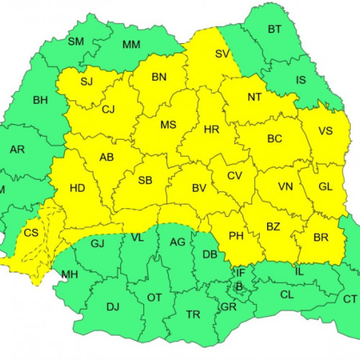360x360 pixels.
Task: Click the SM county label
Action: [x=76, y=41]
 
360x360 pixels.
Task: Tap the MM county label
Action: [x=131, y=45]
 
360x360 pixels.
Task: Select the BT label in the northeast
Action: [x=274, y=30]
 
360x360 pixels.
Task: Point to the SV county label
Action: [x=222, y=53]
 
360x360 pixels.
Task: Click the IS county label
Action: [x=302, y=81]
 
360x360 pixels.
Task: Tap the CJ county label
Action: [x=108, y=109]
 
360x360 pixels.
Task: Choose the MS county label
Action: [x=168, y=125]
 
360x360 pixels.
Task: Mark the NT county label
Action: [x=254, y=96]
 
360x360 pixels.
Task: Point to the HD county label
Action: [x=78, y=189]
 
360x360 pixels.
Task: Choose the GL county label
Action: [x=325, y=186]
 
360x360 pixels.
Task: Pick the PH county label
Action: [x=236, y=235]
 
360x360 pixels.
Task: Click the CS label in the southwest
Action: [x=31, y=233]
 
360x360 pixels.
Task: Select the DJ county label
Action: [x=112, y=307]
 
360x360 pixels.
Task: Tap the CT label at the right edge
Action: [x=349, y=299]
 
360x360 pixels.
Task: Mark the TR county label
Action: [x=193, y=315]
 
